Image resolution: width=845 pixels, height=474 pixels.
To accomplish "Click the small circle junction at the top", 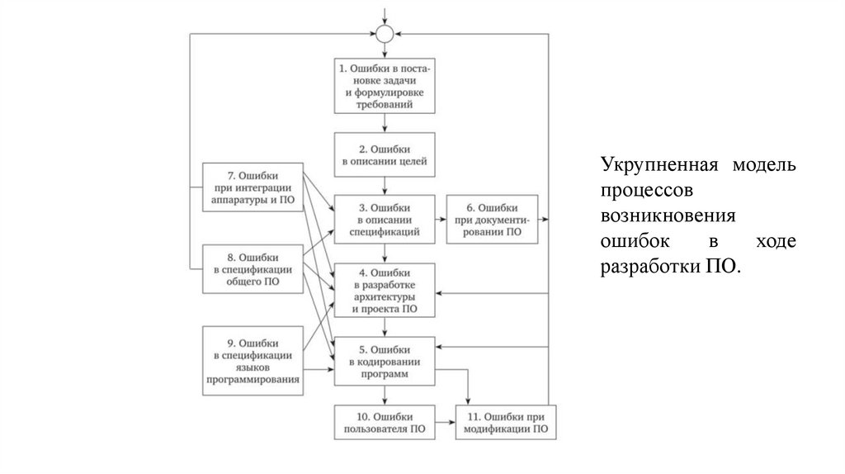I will tap(385, 34).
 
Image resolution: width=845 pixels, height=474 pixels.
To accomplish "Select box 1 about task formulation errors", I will tap(385, 86).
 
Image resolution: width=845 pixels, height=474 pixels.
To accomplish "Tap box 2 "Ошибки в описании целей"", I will tap(385, 155).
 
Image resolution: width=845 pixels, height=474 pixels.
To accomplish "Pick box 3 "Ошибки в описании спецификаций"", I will tap(385, 220).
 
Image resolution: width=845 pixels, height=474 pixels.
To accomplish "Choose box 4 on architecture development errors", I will tap(385, 291).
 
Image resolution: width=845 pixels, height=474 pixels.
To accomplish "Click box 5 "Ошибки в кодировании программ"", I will tap(385, 362).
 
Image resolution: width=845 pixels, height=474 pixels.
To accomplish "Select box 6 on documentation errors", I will tap(493, 220).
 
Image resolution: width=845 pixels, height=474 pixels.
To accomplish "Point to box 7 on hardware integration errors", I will tap(253, 187).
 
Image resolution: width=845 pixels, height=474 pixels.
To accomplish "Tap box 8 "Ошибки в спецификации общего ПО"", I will tap(253, 269).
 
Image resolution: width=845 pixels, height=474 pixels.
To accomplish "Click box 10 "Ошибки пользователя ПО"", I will tap(385, 422).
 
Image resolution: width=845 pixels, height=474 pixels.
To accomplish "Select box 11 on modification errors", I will tap(507, 422).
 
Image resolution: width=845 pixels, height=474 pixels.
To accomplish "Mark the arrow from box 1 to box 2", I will tap(385, 122).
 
